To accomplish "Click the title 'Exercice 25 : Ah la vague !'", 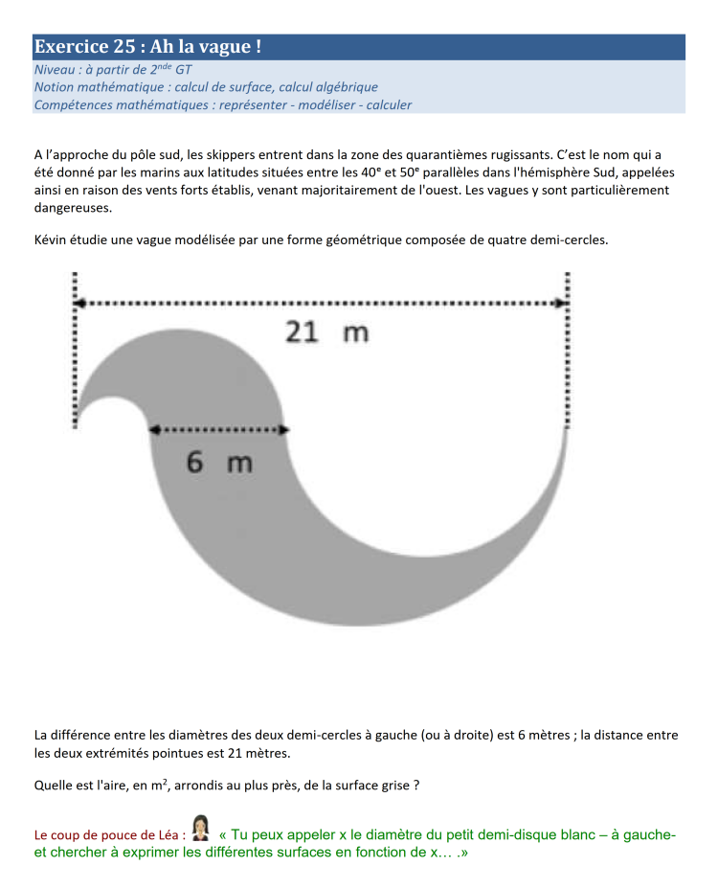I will click(147, 46).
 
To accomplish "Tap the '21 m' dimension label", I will click(326, 332).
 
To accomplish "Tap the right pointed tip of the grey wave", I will click(567, 430).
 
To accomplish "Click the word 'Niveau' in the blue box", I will click(54, 70).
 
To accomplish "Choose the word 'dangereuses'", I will click(72, 207).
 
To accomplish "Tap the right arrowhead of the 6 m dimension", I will click(281, 430).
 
